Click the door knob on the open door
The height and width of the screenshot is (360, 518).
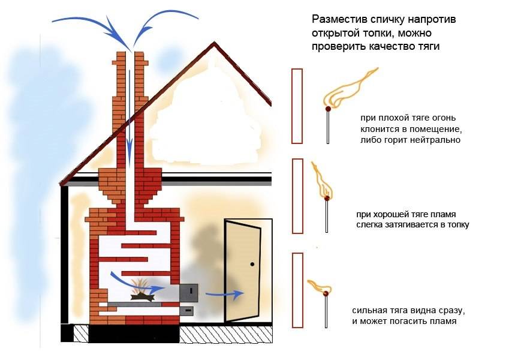[x=252, y=264]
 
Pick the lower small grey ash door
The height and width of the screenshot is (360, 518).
[x=188, y=311]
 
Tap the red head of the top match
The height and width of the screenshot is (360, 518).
[x=328, y=110]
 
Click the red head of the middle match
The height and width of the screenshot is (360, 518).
[x=327, y=198]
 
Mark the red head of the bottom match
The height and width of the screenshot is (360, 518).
[x=326, y=294]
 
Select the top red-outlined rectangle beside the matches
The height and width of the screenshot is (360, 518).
[x=297, y=106]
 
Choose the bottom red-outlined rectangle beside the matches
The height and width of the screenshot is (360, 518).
[x=297, y=290]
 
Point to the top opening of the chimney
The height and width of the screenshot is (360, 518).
[x=131, y=53]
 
